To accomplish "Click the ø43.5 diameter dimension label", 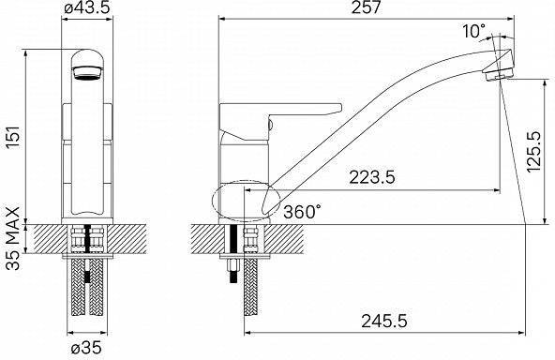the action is (87, 7).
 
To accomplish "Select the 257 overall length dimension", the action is (366, 7).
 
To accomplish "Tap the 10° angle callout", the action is (474, 31).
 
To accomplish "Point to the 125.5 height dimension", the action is (533, 152).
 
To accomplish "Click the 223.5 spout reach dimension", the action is (372, 177).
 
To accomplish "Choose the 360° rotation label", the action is (304, 212).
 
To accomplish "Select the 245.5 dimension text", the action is (384, 322).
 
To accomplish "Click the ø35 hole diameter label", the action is (86, 349).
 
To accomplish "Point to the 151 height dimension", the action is (14, 138).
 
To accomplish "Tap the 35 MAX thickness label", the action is (13, 238).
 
